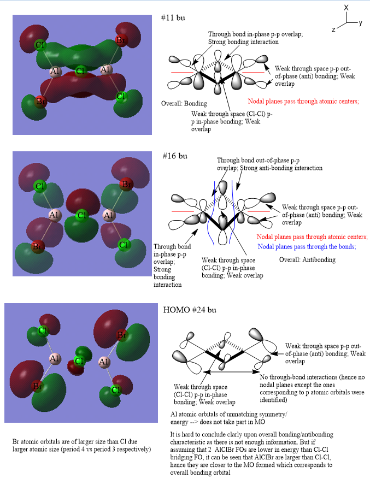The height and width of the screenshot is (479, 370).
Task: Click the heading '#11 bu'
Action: pyautogui.click(x=173, y=17)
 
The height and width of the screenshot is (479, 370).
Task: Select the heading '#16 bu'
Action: pyautogui.click(x=174, y=156)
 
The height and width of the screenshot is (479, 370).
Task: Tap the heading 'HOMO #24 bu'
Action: pyautogui.click(x=190, y=310)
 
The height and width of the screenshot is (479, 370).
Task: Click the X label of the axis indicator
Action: pyautogui.click(x=346, y=8)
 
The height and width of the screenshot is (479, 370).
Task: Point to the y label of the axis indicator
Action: pyautogui.click(x=361, y=23)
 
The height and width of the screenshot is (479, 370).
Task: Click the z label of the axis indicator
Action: pyautogui.click(x=333, y=29)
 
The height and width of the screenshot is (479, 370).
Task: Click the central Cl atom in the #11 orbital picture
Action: pyautogui.click(x=80, y=71)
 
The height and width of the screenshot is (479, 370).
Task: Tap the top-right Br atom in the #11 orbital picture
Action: pyautogui.click(x=121, y=40)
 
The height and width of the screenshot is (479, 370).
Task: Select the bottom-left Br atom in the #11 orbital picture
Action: pyautogui.click(x=40, y=101)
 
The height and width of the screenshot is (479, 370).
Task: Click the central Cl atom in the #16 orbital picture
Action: pyautogui.click(x=81, y=215)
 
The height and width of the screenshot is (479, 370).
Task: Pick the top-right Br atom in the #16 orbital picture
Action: pyautogui.click(x=126, y=185)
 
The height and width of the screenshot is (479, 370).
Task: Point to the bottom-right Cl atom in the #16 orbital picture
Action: pyautogui.click(x=124, y=245)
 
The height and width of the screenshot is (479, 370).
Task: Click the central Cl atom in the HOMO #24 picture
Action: pyautogui.click(x=79, y=361)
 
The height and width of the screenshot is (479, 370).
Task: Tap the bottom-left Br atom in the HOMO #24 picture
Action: pyautogui.click(x=37, y=387)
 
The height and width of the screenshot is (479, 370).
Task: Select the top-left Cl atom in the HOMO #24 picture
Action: pyautogui.click(x=43, y=330)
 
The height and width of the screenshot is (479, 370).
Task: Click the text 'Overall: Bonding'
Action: pyautogui.click(x=184, y=104)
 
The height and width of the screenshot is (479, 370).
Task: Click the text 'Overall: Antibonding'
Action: pyautogui.click(x=307, y=259)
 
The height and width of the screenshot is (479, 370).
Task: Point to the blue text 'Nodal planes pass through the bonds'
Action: pyautogui.click(x=307, y=246)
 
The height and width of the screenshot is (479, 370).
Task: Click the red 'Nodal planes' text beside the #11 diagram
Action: pyautogui.click(x=303, y=102)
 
